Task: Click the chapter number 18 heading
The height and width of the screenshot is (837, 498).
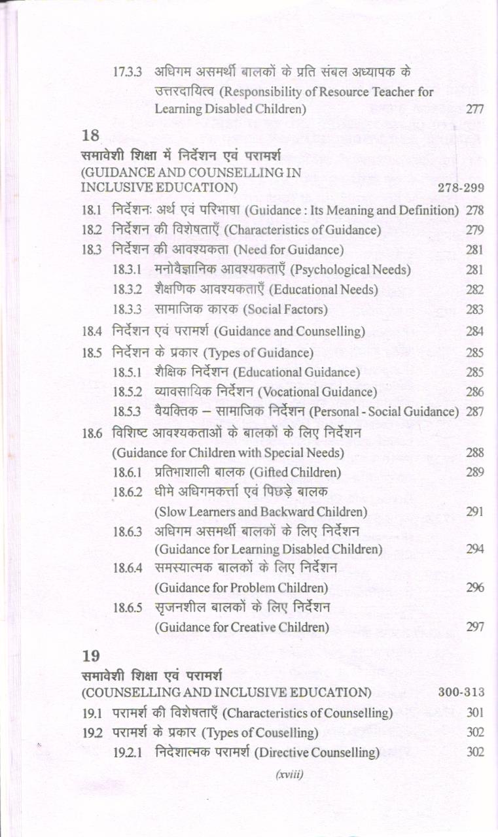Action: tap(90, 137)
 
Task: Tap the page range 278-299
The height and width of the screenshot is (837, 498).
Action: tap(460, 188)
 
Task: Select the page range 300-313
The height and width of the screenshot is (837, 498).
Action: tap(461, 692)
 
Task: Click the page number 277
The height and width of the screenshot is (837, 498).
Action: tap(474, 109)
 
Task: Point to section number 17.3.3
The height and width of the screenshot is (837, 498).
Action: tap(127, 72)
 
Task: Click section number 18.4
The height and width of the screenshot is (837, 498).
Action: tap(92, 332)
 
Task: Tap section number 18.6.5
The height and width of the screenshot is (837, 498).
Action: tap(127, 607)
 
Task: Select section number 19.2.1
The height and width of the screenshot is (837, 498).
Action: tap(127, 753)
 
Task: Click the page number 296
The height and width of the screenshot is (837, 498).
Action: tap(474, 588)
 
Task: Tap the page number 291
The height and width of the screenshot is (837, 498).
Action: tap(474, 512)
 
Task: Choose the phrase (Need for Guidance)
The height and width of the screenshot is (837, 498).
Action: tap(289, 250)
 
